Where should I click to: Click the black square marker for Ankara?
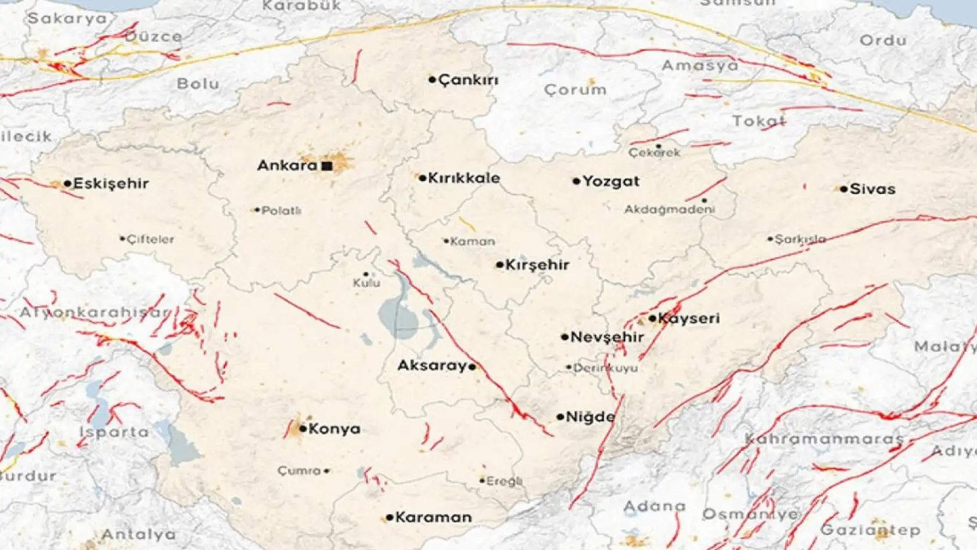tap(327, 166)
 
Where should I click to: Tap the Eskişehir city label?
tap(111, 184)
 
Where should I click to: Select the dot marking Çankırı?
tap(432, 80)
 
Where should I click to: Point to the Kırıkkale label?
tap(464, 178)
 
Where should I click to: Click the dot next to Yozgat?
tap(576, 181)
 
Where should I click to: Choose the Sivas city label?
tap(872, 189)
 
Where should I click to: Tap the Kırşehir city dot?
tap(500, 265)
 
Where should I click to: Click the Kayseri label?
tap(689, 318)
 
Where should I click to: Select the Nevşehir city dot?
tap(565, 337)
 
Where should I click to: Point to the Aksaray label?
tap(432, 366)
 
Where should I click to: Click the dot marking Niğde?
tap(560, 417)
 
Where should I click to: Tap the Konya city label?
tap(334, 429)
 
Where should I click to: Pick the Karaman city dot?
tap(390, 517)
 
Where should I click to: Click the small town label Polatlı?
tap(281, 211)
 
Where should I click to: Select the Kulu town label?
tap(367, 283)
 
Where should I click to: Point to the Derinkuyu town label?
tap(605, 368)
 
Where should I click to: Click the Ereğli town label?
tap(504, 481)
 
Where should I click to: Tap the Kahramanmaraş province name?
tap(824, 439)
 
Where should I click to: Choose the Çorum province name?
tap(575, 90)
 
